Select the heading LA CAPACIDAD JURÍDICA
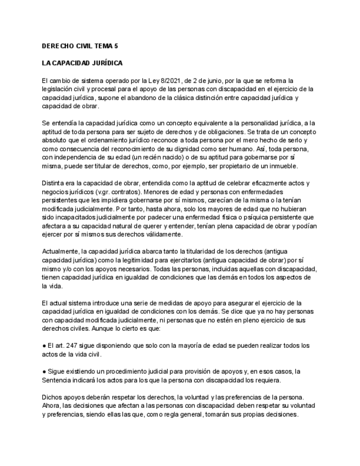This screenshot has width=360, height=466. coord(82,64)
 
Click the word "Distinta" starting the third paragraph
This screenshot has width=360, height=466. coord(54,183)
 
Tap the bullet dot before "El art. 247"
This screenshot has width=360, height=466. coord(43,346)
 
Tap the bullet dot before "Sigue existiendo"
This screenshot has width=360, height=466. coord(43,371)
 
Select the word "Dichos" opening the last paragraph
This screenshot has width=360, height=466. coord(52,397)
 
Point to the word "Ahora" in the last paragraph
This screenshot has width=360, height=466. coord(52,405)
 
